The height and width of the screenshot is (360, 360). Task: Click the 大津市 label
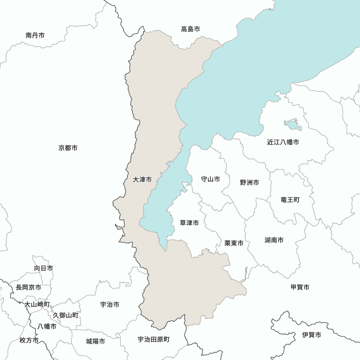(x=142, y=179)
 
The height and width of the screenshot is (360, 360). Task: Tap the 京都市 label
(x=68, y=148)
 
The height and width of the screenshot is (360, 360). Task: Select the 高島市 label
(x=190, y=29)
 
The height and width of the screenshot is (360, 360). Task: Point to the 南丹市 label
(x=35, y=35)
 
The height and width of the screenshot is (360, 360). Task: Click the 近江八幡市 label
(x=283, y=142)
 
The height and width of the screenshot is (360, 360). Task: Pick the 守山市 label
(x=210, y=179)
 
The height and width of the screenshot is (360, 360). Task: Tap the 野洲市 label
(x=249, y=183)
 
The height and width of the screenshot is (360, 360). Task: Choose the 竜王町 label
(x=290, y=199)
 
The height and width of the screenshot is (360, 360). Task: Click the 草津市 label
(x=189, y=223)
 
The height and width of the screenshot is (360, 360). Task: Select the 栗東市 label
(x=234, y=243)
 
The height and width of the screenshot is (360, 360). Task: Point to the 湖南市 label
(x=274, y=240)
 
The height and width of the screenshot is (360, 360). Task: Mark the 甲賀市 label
(x=300, y=287)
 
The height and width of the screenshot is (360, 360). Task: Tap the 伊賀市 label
(x=312, y=335)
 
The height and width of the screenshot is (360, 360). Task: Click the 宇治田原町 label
(x=154, y=339)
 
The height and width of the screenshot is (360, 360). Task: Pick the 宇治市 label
(x=110, y=305)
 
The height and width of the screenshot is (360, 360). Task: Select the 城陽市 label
(x=96, y=341)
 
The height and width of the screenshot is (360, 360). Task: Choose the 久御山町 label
(x=66, y=315)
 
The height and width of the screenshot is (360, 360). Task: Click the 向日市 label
(x=44, y=268)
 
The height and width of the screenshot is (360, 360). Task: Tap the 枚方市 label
(x=29, y=340)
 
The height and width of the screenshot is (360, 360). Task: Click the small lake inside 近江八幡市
(x=293, y=125)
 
